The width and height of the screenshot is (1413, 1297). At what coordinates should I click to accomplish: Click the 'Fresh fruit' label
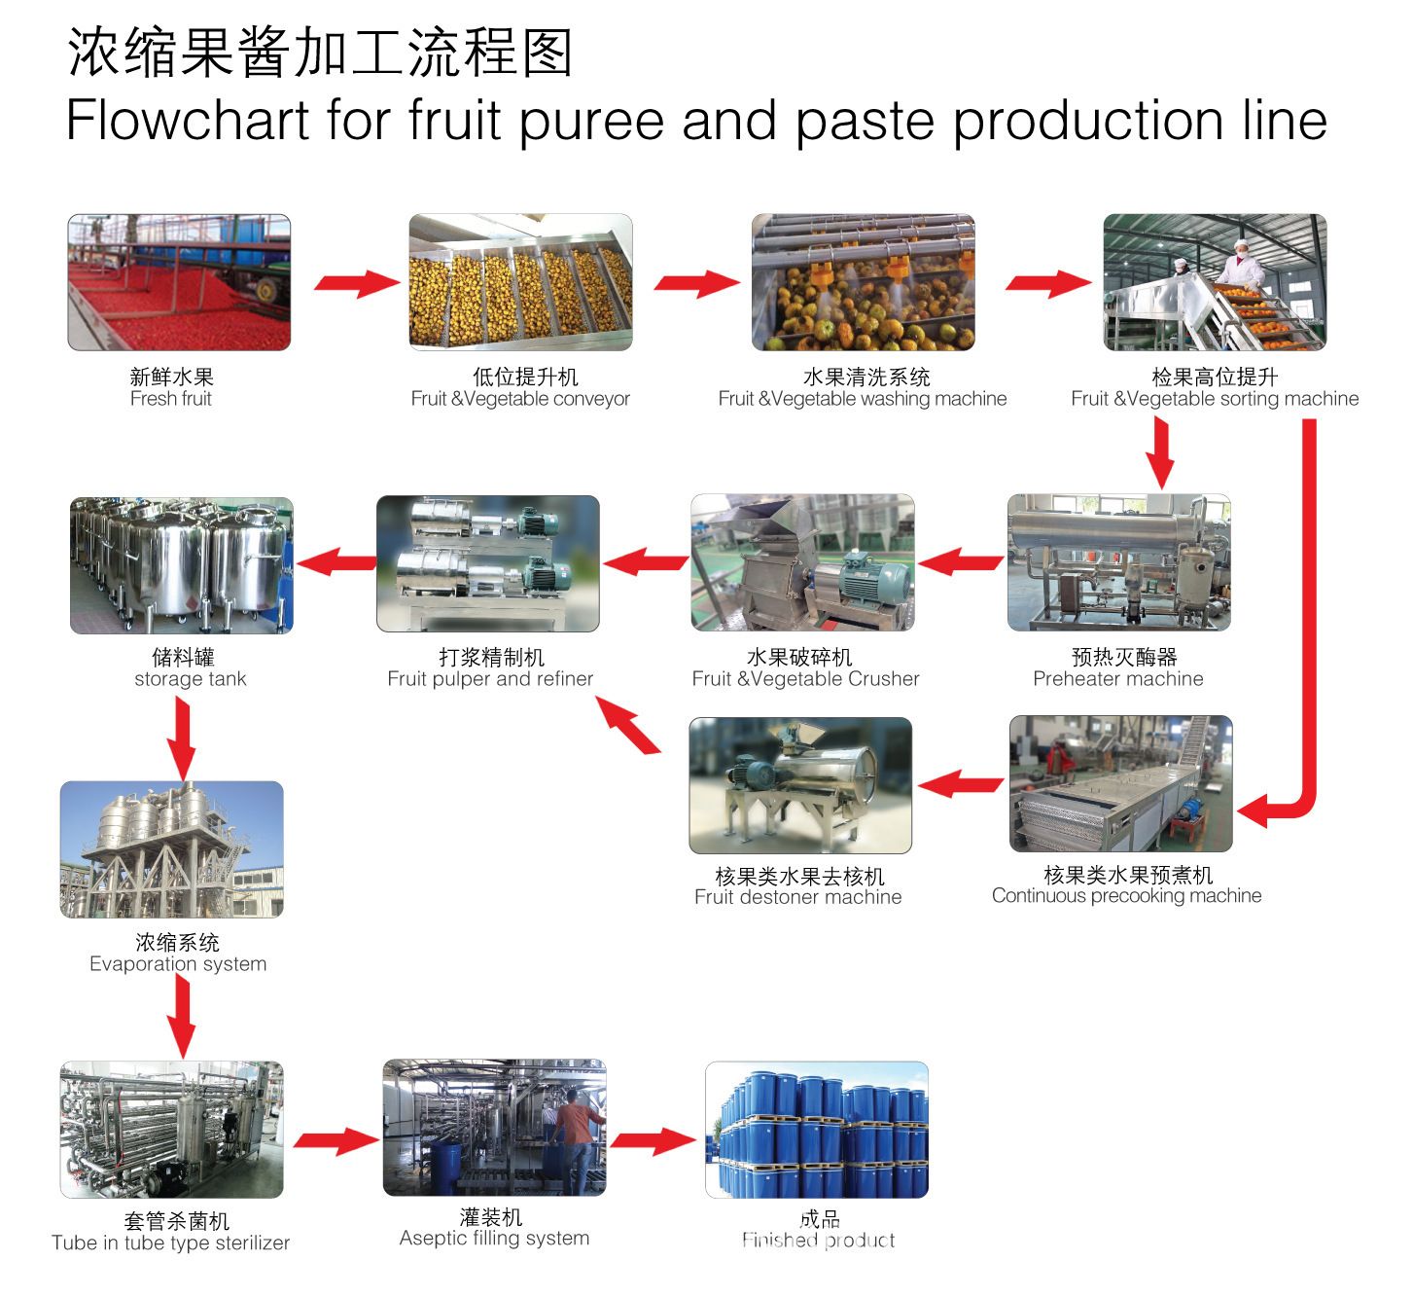click(x=171, y=399)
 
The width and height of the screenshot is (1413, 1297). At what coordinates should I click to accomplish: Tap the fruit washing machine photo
click(x=863, y=282)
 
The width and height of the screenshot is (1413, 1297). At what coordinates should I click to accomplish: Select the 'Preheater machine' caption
click(x=1117, y=679)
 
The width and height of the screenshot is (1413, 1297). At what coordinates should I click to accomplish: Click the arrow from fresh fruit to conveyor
click(x=356, y=283)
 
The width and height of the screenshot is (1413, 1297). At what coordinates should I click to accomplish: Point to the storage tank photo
click(x=182, y=565)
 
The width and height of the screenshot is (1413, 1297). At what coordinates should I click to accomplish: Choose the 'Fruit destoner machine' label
click(x=797, y=897)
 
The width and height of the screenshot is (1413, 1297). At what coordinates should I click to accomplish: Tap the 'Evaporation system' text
click(x=178, y=964)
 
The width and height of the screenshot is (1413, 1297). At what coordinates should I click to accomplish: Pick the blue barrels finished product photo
click(x=816, y=1130)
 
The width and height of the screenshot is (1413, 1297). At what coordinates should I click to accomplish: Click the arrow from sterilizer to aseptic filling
click(x=336, y=1140)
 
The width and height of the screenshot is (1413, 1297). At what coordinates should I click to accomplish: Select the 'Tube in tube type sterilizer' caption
click(x=171, y=1243)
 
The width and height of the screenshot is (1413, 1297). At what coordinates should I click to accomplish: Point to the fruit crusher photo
click(x=802, y=563)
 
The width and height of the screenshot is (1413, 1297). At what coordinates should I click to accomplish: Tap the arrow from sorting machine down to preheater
click(x=1159, y=451)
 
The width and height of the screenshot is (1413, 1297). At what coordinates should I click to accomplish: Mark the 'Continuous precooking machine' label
click(x=1126, y=896)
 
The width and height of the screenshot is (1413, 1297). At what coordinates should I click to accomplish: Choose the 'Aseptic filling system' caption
click(x=494, y=1239)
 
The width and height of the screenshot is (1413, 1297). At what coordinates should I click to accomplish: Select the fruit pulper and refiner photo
click(x=488, y=563)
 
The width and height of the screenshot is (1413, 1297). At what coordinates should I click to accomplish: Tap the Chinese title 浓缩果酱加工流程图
click(x=320, y=54)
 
